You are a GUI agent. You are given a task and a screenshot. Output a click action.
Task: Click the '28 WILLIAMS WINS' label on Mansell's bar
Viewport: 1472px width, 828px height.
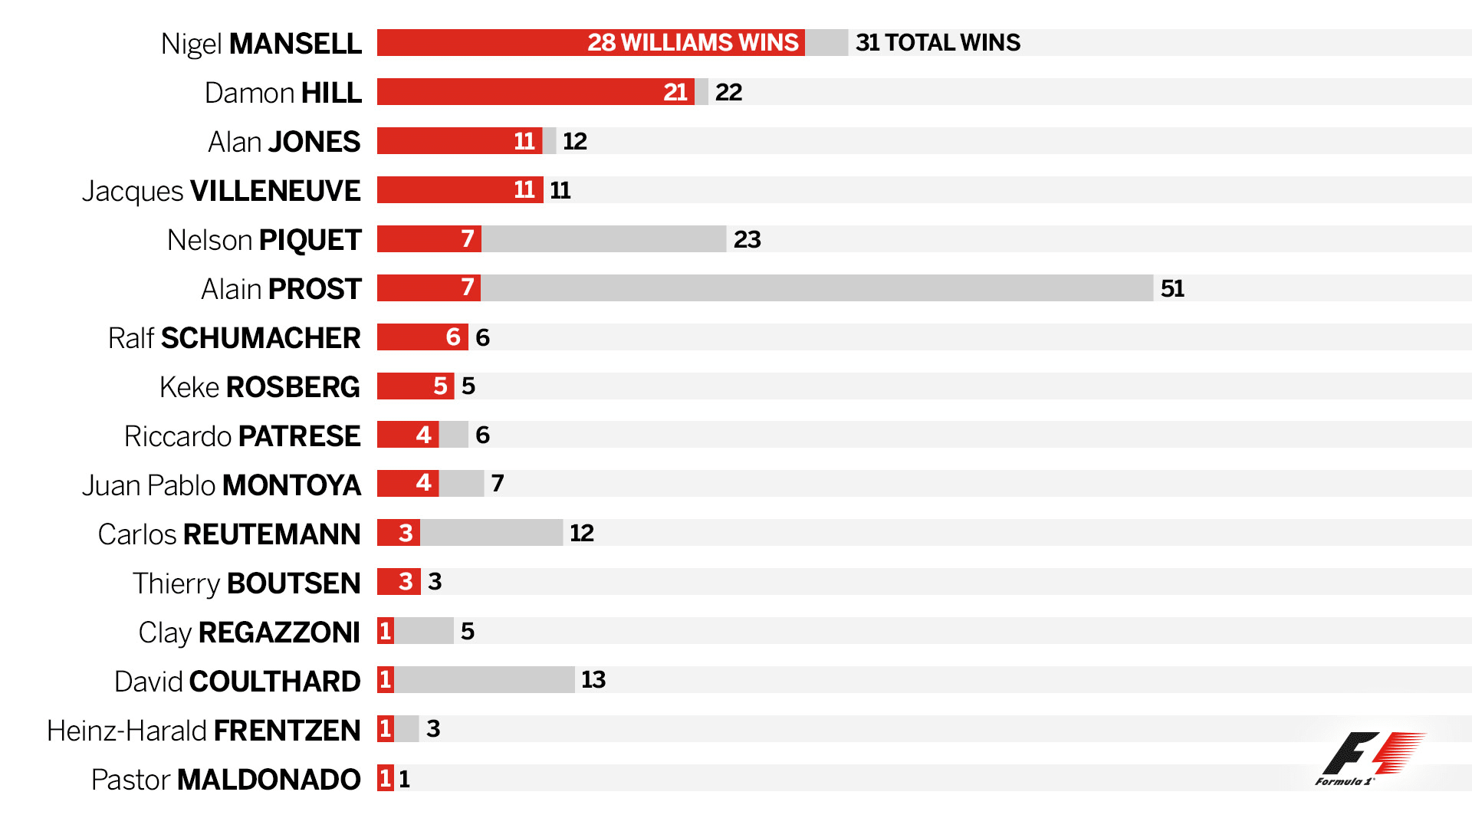tap(692, 42)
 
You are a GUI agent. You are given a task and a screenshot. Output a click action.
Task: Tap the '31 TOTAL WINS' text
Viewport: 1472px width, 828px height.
tap(938, 42)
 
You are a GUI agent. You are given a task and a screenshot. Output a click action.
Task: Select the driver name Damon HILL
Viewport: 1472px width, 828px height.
tap(283, 93)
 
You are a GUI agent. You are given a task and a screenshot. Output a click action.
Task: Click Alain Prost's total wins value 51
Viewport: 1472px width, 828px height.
tap(1172, 288)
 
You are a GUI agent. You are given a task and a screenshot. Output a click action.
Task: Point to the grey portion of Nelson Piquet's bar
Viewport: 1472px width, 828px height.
tap(603, 238)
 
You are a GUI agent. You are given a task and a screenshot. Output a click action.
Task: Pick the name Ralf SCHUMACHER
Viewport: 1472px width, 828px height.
tap(234, 338)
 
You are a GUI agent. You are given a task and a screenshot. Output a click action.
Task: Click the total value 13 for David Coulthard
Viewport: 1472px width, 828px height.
tap(593, 679)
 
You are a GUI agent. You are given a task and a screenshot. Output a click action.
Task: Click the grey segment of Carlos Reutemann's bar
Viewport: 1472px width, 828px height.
tap(491, 533)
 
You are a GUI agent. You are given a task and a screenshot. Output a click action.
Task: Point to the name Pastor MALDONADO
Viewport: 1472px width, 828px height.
tap(225, 780)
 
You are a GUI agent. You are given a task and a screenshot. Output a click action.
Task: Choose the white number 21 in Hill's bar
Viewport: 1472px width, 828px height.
tap(675, 92)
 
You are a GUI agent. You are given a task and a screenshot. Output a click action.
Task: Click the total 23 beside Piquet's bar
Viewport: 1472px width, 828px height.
tap(747, 239)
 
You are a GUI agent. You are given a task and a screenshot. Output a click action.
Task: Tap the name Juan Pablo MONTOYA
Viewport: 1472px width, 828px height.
tap(221, 485)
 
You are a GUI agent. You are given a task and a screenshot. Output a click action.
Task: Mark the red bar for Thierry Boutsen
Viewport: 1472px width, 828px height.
tap(398, 582)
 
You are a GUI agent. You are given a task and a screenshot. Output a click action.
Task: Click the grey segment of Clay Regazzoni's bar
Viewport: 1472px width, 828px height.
tap(424, 631)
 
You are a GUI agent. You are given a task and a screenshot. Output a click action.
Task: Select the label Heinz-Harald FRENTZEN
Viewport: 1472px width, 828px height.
tap(203, 731)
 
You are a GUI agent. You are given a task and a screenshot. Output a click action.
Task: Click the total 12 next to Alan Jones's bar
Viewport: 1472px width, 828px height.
tap(574, 141)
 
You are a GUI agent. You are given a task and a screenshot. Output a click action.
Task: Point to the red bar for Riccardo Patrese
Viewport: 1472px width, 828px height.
tap(407, 435)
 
